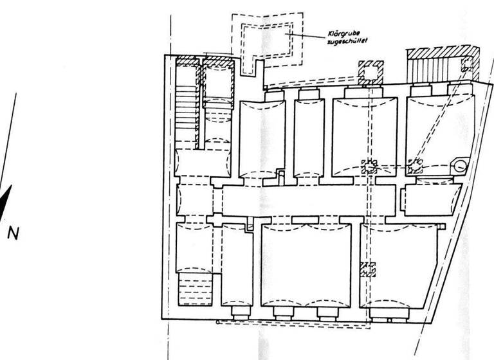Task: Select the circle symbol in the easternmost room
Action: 459,166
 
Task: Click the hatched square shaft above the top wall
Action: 371,72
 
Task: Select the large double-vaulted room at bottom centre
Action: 306,265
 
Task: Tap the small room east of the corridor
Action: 432,199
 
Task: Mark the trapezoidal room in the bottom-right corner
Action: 399,266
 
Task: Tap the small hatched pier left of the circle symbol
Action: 415,166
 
